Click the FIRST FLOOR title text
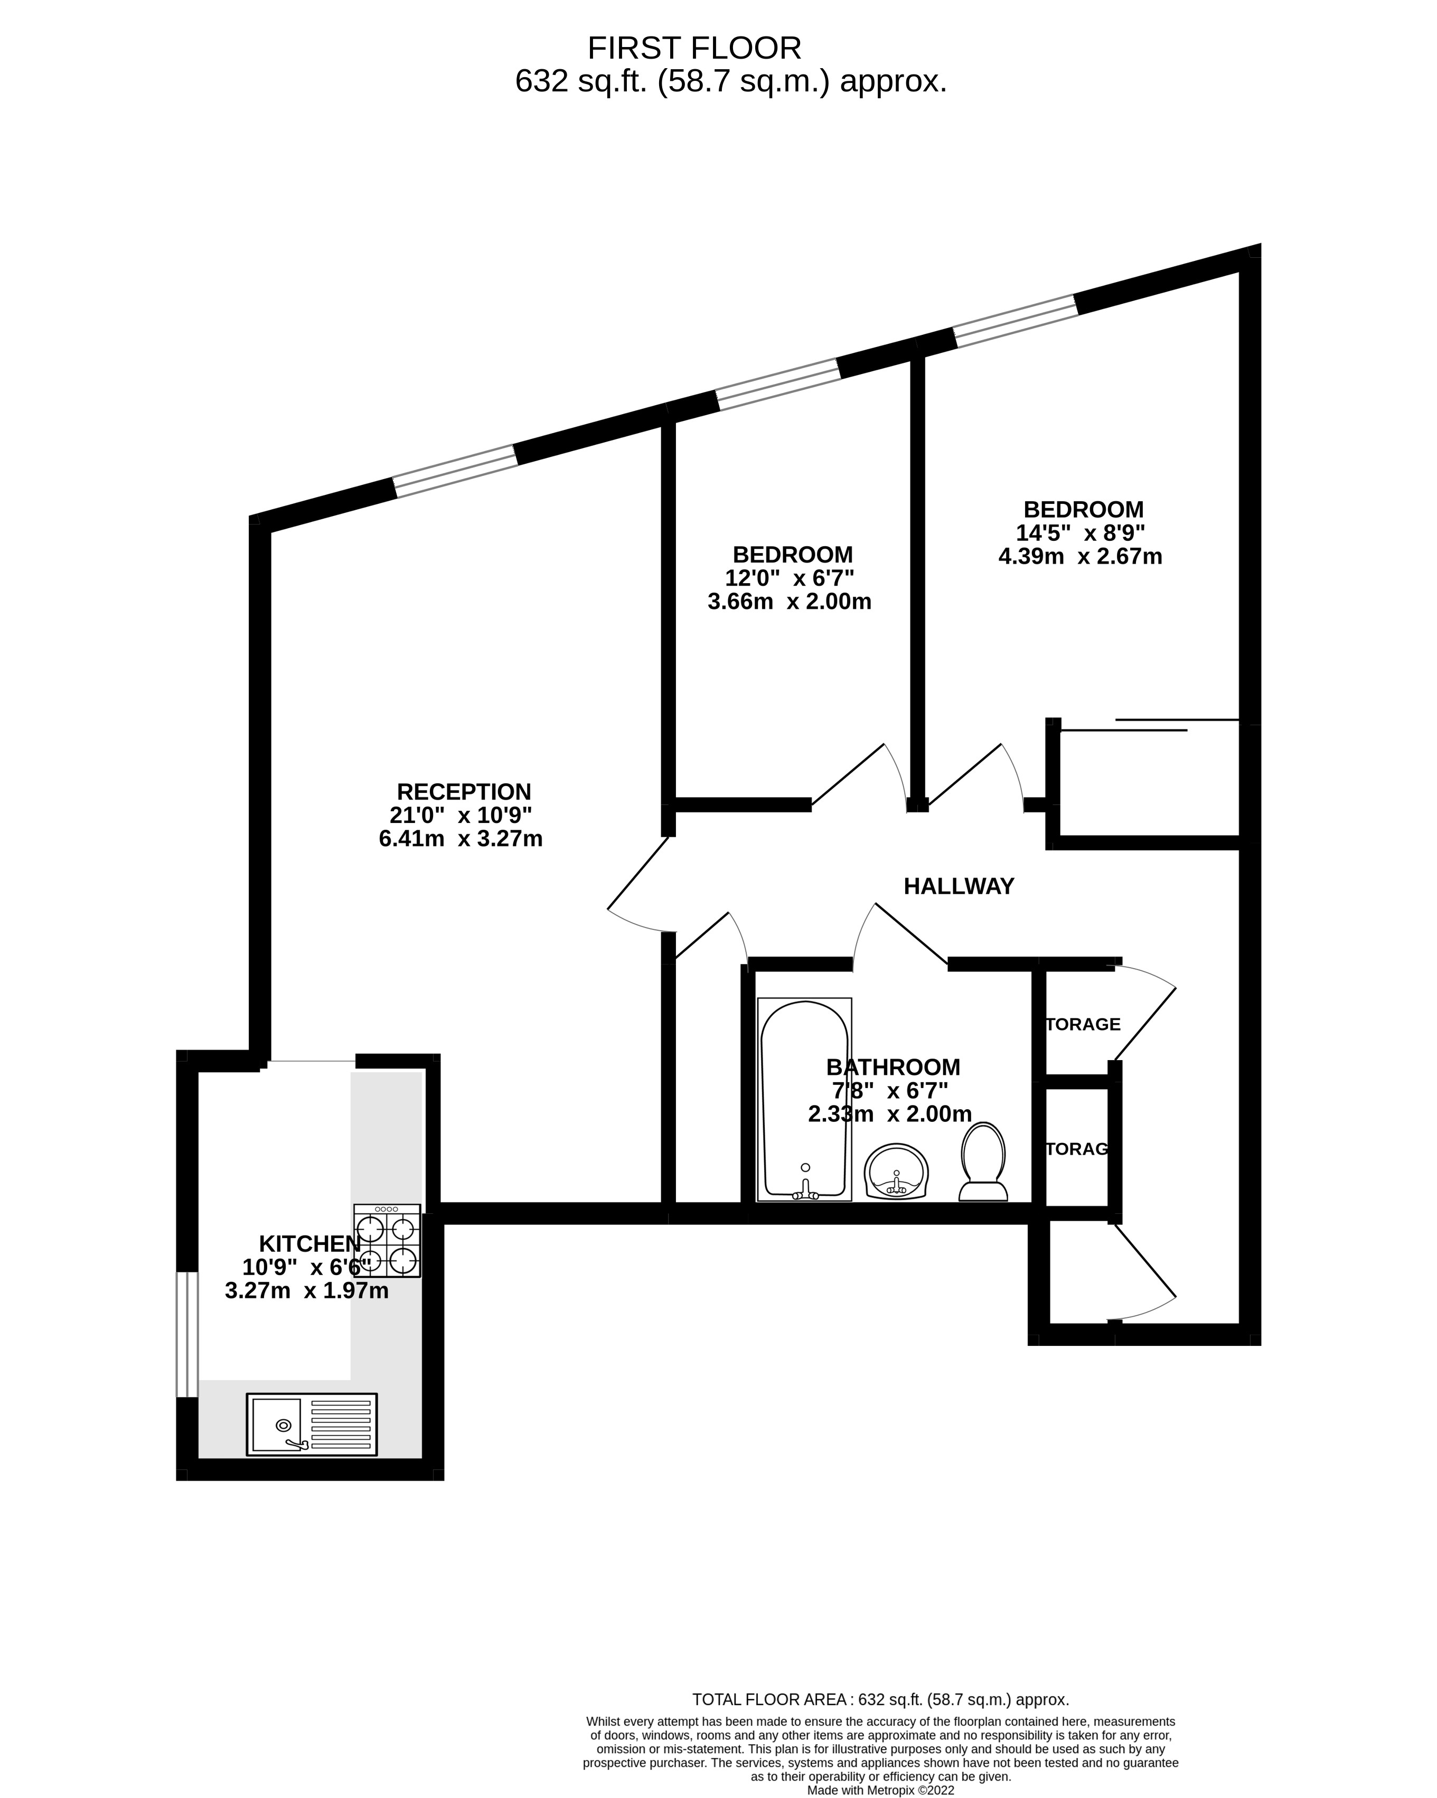[x=694, y=49]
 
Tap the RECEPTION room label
[x=464, y=791]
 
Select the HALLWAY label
[x=959, y=886]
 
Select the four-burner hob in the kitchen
[x=387, y=1241]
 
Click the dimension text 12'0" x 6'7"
[x=789, y=578]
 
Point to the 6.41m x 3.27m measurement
[x=461, y=838]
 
